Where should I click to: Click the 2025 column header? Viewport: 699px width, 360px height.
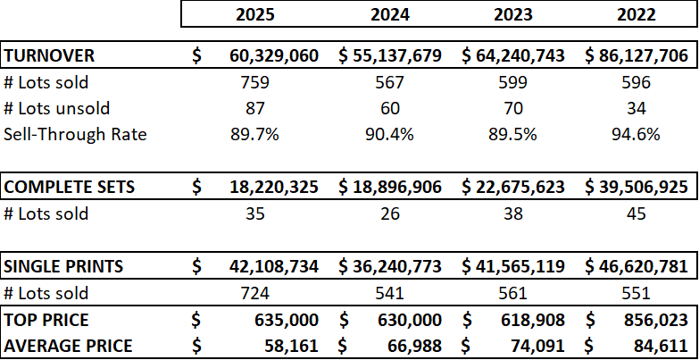(256, 14)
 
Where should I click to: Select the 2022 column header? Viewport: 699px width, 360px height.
(636, 14)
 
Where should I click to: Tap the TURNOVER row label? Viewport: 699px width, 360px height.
(50, 56)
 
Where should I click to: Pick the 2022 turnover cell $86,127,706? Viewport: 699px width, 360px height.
(636, 56)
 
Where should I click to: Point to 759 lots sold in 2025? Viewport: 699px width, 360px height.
(255, 82)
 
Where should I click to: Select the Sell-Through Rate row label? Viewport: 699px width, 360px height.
(75, 135)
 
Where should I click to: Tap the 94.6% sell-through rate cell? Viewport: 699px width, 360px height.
(636, 135)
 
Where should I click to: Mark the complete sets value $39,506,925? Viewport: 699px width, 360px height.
(636, 188)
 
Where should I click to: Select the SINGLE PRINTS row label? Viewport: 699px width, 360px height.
(64, 266)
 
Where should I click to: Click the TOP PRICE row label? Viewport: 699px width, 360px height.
(46, 319)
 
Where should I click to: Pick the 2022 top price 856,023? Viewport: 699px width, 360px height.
(654, 319)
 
